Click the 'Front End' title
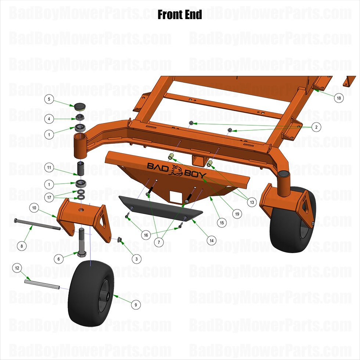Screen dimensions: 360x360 coord(180,15)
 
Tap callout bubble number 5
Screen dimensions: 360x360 coord(50,99)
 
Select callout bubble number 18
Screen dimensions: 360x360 coord(338,98)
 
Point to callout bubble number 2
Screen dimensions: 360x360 coord(316,127)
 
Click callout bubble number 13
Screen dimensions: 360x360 coord(252,202)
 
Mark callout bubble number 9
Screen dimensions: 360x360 coord(136,304)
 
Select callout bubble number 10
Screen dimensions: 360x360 coord(35,208)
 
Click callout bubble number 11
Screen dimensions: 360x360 coord(50,168)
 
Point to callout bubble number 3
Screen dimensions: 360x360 coord(136,259)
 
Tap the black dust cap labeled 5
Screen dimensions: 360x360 coord(79,107)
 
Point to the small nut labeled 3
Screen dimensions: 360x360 coord(119,240)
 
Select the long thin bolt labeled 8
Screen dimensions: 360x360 coord(37,224)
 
